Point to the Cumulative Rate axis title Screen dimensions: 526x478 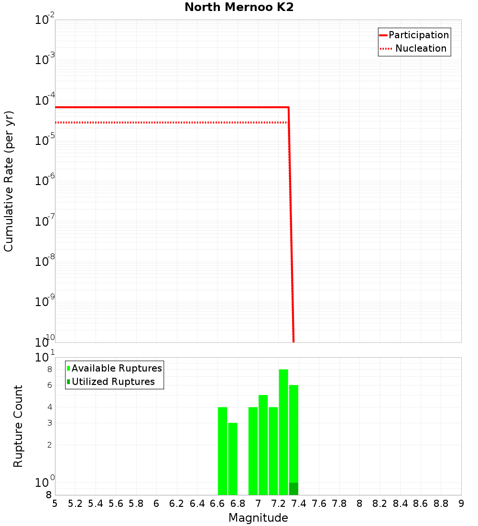click(9, 181)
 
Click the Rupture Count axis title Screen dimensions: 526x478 click(18, 426)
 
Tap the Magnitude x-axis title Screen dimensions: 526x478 click(258, 517)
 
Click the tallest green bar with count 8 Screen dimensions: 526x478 click(283, 430)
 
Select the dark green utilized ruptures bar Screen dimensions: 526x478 click(293, 489)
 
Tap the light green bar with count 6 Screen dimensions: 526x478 click(293, 430)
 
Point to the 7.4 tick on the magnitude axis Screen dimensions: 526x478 click(299, 504)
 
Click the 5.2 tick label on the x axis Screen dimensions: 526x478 click(75, 504)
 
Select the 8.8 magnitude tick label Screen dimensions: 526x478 click(441, 504)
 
